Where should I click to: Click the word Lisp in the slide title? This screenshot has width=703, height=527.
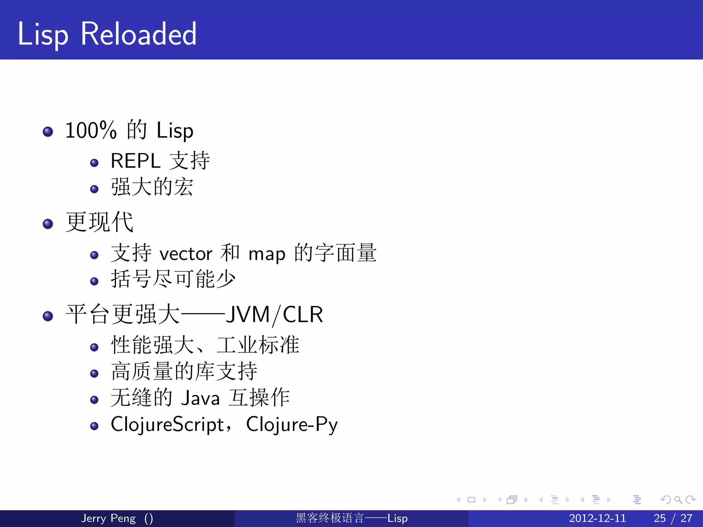(43, 34)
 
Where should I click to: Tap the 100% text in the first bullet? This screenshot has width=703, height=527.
(91, 130)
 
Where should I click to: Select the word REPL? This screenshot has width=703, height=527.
(136, 161)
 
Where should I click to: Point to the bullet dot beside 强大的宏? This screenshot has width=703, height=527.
(94, 189)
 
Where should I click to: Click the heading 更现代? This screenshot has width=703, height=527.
(100, 222)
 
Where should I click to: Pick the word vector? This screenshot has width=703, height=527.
(186, 254)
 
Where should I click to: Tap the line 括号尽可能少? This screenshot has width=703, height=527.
(173, 279)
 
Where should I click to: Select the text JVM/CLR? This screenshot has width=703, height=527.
(274, 315)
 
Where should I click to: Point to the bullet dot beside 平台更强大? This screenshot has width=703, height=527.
(48, 316)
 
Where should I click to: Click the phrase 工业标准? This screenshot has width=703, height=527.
(258, 345)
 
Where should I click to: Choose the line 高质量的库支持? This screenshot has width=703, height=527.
(184, 371)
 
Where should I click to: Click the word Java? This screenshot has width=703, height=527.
(200, 398)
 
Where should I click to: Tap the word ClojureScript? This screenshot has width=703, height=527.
(167, 425)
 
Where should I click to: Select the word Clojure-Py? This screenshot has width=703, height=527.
(292, 425)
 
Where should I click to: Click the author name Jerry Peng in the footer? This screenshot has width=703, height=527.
(108, 518)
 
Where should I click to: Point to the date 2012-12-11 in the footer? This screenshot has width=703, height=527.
(597, 518)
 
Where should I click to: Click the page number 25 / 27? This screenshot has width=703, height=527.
(673, 518)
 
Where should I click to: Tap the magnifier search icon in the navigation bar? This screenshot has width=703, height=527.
(678, 500)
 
